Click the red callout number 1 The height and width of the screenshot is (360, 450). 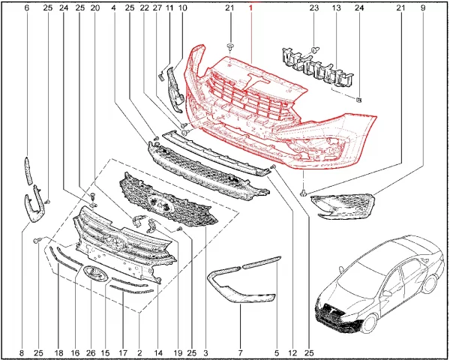(x=250, y=7)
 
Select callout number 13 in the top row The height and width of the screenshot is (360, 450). (x=336, y=7)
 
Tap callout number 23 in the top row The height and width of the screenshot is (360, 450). (x=314, y=7)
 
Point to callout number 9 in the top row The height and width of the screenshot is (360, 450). (x=422, y=7)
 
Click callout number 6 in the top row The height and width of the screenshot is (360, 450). (x=27, y=7)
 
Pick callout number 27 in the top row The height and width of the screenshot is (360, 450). (x=157, y=7)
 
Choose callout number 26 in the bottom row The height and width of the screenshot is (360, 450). (x=91, y=352)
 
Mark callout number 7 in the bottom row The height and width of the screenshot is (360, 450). (x=240, y=352)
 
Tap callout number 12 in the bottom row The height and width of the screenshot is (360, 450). (x=292, y=352)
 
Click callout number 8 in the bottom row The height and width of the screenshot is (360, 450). (x=22, y=352)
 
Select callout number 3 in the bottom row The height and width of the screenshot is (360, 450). (x=205, y=352)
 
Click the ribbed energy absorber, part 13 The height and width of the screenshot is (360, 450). (x=317, y=67)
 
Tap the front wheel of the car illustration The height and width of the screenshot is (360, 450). (x=369, y=322)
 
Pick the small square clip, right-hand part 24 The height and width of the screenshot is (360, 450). (x=358, y=100)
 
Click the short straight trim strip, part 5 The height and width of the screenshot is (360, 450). (x=262, y=262)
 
